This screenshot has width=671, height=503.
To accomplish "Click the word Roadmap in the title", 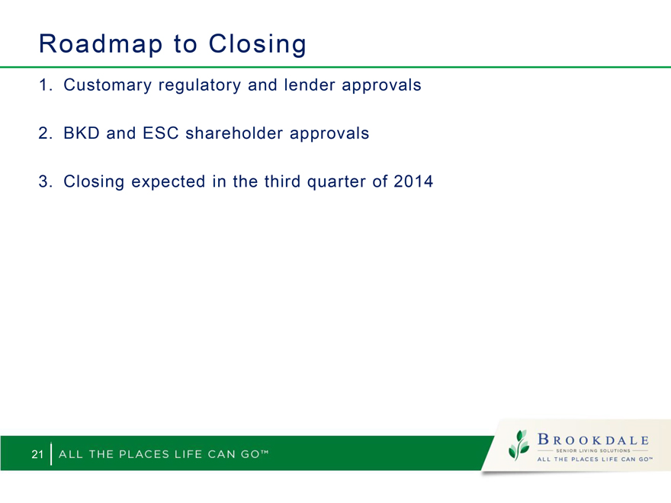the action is click(101, 44).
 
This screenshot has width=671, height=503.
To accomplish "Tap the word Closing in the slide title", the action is click(258, 44).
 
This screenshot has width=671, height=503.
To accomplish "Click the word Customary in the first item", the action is click(108, 85).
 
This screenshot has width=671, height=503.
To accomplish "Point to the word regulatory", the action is click(200, 85).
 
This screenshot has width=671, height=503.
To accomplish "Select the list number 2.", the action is click(45, 133).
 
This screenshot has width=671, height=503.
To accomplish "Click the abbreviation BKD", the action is click(82, 133).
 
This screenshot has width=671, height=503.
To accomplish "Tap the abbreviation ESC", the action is click(160, 133).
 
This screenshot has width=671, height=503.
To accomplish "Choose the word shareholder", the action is click(234, 133).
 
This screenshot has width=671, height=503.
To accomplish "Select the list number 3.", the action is click(45, 181).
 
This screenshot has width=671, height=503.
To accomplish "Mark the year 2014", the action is click(413, 181).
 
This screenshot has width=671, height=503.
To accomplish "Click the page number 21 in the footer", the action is click(37, 453).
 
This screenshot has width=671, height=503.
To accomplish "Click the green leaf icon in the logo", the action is click(518, 445).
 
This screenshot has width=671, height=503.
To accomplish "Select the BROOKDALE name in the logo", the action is click(593, 439).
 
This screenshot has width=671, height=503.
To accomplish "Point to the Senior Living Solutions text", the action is click(593, 450).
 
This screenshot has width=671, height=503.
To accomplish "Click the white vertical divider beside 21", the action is click(51, 453).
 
